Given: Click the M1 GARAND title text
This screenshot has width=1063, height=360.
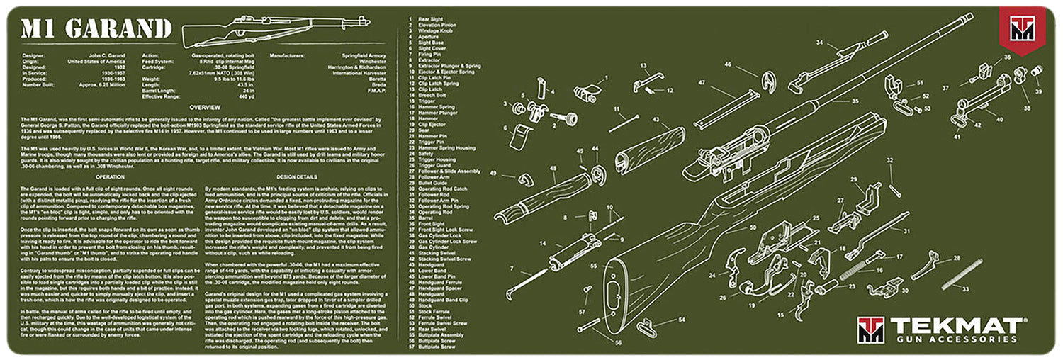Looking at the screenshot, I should (96, 29).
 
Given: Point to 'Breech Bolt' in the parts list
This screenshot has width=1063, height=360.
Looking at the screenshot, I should (432, 94).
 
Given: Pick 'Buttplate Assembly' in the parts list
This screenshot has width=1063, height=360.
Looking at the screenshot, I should (441, 334).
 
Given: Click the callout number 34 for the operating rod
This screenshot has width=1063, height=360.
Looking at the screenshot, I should (820, 43).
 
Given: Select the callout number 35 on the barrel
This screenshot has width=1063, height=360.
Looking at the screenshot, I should (855, 101).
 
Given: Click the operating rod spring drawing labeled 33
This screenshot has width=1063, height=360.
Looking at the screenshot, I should (962, 274).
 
